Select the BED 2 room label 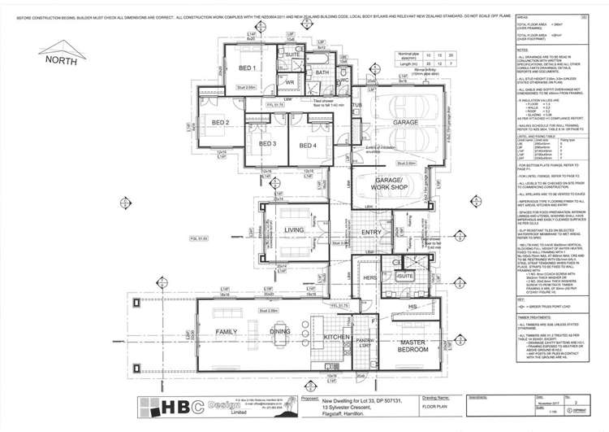coord(198,123)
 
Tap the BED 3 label coord(269,145)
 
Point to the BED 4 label coord(308,145)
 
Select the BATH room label coord(322,73)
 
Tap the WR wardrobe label coord(289,82)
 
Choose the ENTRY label coord(372,233)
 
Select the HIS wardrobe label coord(412,306)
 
